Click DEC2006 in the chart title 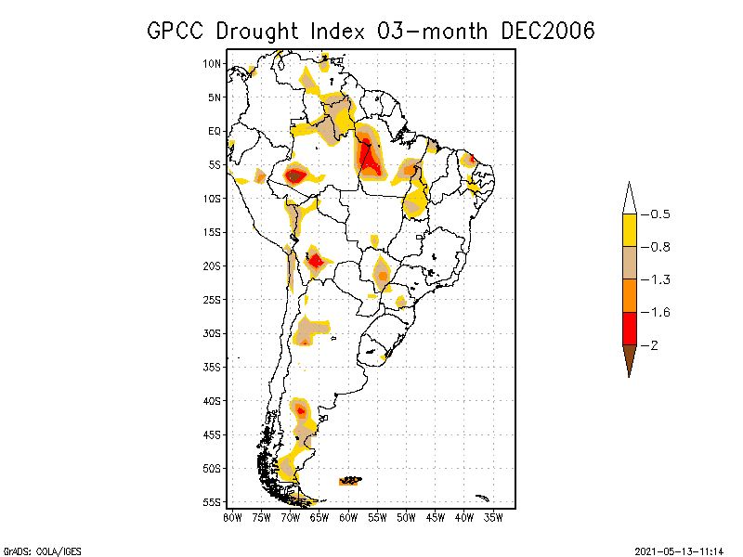547,31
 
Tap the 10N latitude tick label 213,63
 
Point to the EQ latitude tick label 215,131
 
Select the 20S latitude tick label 213,266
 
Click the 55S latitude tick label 213,502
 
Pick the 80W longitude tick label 232,516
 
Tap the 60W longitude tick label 348,516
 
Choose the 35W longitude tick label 493,516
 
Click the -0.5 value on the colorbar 659,214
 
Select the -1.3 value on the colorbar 659,279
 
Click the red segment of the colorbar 629,329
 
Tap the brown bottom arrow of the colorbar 629,359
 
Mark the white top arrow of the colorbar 629,198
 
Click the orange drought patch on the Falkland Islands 351,480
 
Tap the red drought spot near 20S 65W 316,260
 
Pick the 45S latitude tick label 213,434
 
